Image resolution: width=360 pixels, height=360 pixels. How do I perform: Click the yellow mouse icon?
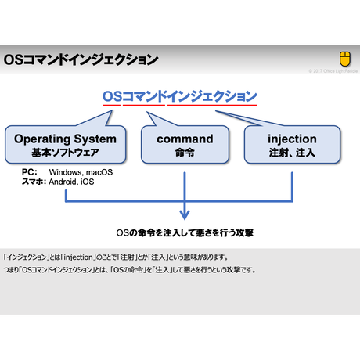345,59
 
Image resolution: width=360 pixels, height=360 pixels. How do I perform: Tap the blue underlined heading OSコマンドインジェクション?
179,96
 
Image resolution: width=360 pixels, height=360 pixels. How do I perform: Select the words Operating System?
65,139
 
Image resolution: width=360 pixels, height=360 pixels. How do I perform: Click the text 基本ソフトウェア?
65,153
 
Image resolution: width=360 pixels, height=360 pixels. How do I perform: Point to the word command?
185,139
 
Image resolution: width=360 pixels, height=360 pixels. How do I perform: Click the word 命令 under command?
185,153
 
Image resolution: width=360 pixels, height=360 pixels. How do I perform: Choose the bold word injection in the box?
292,139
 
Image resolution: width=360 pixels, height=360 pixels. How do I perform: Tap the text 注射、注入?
292,153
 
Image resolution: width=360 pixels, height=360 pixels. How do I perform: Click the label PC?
29,171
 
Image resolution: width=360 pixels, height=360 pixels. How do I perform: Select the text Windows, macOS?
81,171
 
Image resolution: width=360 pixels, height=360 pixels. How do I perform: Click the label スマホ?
34,181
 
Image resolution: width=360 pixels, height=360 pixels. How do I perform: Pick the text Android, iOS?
71,181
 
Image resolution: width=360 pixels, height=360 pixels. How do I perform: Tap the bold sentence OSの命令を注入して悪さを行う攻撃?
185,232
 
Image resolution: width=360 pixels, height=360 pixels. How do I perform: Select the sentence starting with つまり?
128,270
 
